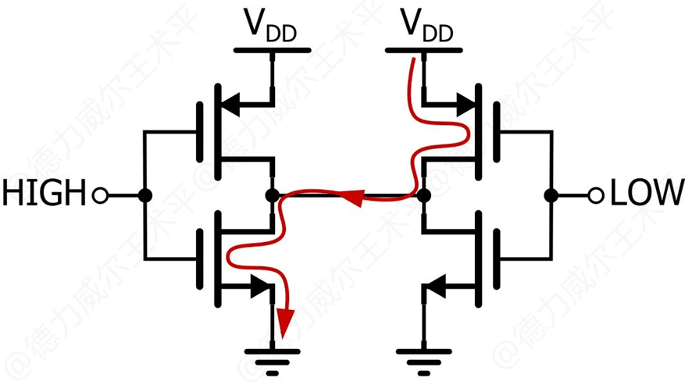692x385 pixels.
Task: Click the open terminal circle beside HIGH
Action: (100, 195)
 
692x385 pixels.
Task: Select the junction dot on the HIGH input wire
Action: (144, 195)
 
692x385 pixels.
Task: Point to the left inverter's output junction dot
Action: (272, 195)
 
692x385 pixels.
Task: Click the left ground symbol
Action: (273, 359)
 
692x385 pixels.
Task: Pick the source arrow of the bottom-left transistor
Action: (258, 287)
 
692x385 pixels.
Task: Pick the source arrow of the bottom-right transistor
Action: (437, 287)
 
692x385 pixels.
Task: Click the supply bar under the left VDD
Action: (273, 52)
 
